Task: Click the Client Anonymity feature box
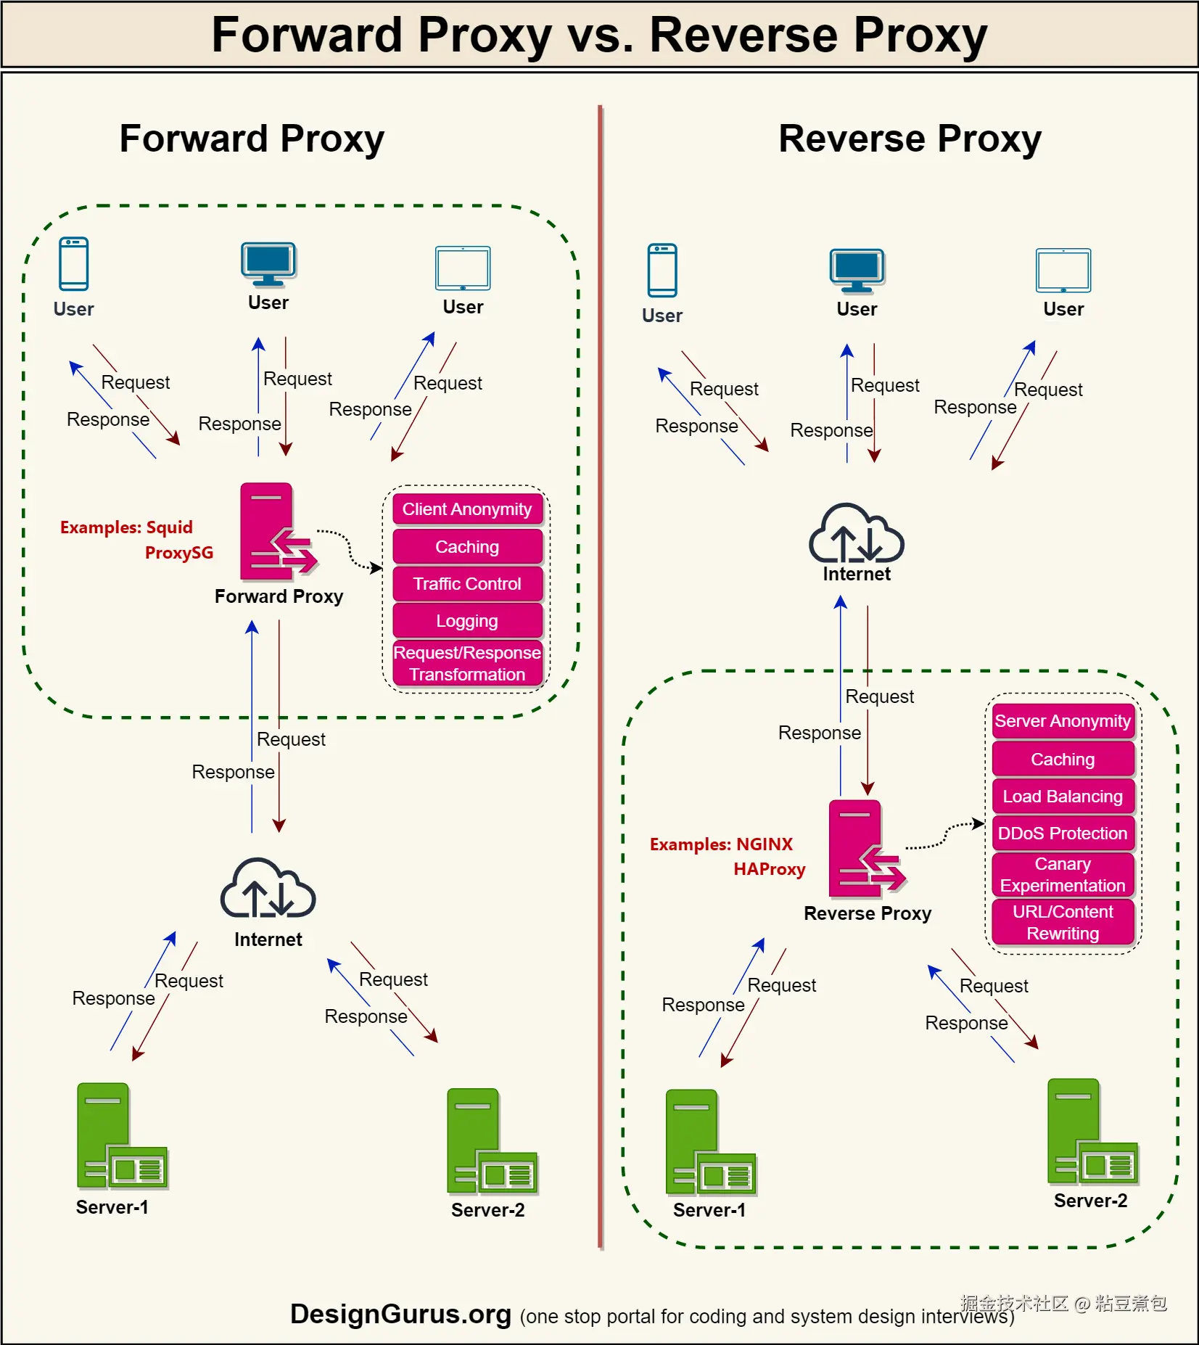click(467, 509)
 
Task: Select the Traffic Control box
click(467, 584)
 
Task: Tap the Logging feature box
click(467, 621)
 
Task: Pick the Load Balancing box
click(1063, 797)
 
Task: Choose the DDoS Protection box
click(1063, 834)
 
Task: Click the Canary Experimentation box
click(1063, 875)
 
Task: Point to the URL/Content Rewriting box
click(1063, 923)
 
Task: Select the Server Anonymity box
click(1063, 721)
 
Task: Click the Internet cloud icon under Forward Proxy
click(268, 888)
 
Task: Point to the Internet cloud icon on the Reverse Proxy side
click(856, 534)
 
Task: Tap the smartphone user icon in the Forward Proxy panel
click(73, 264)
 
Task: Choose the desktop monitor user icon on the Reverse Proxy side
click(857, 271)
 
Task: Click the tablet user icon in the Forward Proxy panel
click(463, 268)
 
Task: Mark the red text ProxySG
click(179, 553)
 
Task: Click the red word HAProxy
click(769, 869)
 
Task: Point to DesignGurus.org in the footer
click(400, 1315)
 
